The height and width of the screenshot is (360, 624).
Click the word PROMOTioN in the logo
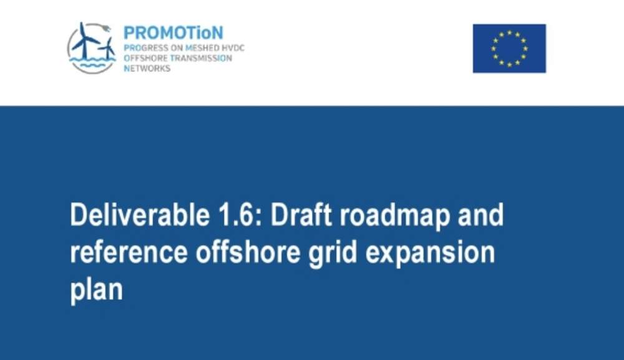(x=173, y=32)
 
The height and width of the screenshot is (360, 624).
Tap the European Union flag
(x=509, y=49)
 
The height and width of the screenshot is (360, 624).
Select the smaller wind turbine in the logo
(x=107, y=49)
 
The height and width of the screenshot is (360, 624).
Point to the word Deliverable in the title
(x=140, y=215)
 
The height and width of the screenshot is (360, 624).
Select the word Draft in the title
(x=301, y=215)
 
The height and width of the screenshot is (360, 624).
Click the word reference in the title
(x=129, y=253)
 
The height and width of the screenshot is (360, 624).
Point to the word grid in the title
(x=333, y=254)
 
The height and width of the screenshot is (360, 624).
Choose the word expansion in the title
(x=430, y=255)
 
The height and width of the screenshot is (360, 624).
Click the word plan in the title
(x=97, y=289)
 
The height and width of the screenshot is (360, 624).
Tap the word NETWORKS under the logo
(x=147, y=69)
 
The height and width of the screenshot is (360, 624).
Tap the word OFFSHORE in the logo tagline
(x=145, y=58)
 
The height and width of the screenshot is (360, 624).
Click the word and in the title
(x=480, y=215)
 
